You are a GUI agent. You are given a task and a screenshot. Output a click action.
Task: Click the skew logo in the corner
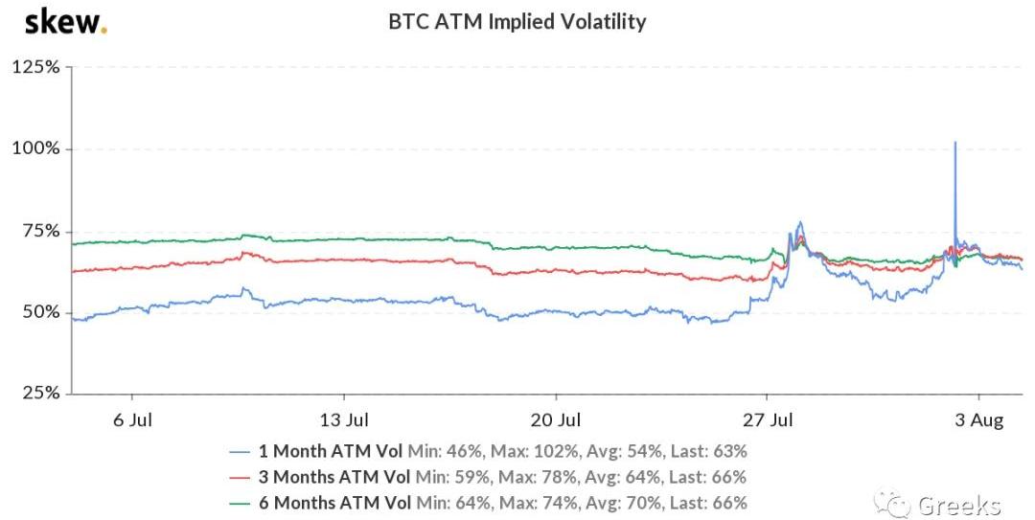[x=65, y=21]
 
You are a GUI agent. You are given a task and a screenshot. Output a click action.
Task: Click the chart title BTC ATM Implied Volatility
[x=517, y=21]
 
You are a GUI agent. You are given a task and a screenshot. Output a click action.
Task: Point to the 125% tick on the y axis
[x=36, y=68]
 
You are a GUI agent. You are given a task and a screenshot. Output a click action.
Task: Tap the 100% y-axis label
[x=36, y=149]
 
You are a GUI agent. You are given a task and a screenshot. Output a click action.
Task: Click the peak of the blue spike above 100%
[x=954, y=142]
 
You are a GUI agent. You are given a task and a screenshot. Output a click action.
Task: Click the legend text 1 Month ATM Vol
[x=329, y=450]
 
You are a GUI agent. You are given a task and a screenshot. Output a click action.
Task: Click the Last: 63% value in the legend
[x=709, y=450]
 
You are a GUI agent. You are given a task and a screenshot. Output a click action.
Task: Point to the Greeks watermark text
[x=958, y=505]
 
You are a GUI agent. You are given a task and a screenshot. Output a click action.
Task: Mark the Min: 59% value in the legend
[x=443, y=476]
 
